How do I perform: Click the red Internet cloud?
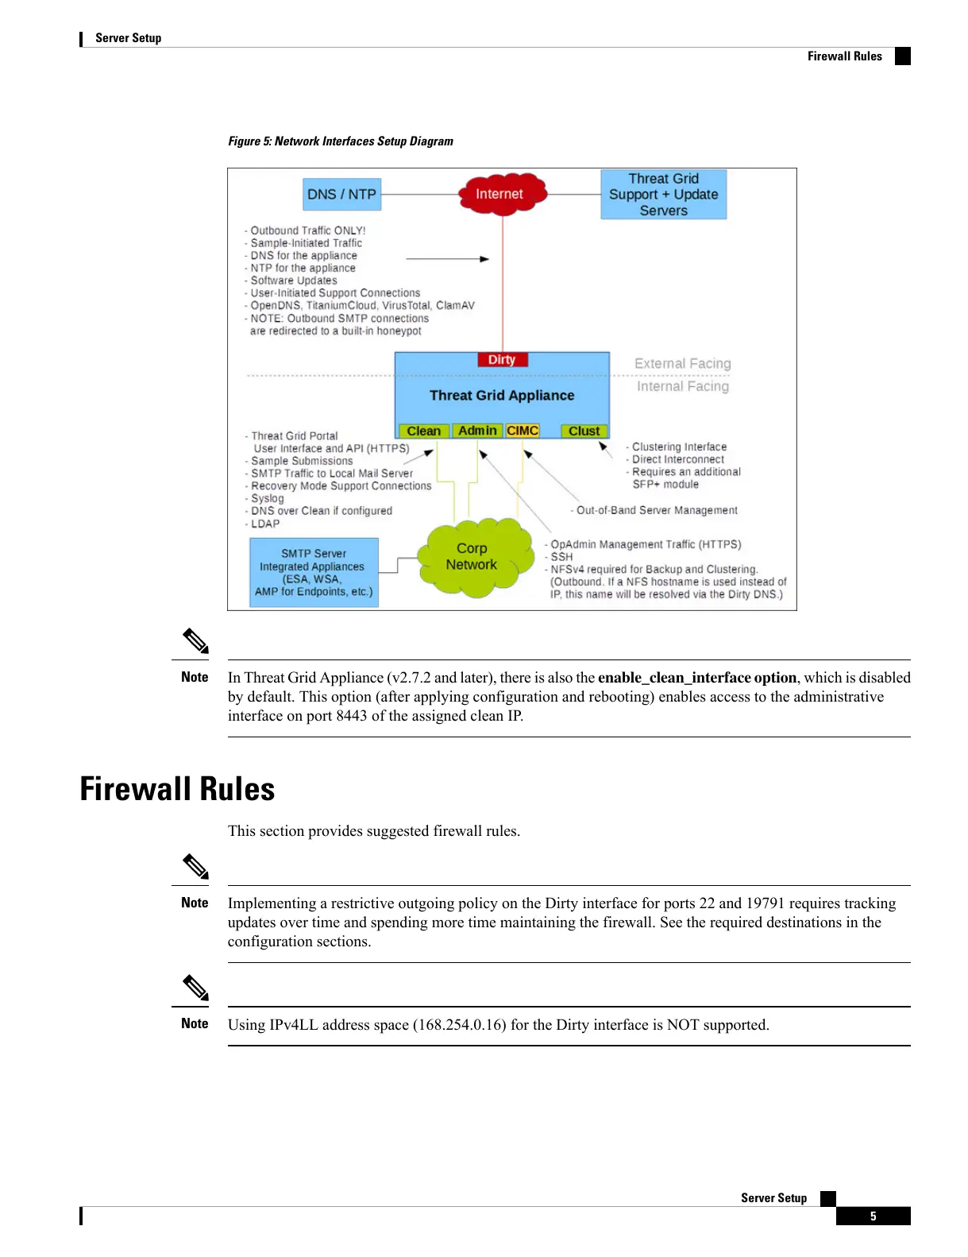(500, 193)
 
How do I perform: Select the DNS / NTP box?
(341, 194)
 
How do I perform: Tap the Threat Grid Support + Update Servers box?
(663, 194)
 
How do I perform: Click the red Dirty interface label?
(502, 360)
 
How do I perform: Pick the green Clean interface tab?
(423, 431)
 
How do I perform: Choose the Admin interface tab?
(477, 431)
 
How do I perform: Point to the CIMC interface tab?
(523, 431)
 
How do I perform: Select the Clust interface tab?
(584, 431)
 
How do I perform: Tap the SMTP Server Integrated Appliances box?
(314, 572)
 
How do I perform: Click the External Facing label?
(682, 363)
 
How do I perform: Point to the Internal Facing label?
(682, 386)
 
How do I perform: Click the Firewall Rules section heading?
(177, 789)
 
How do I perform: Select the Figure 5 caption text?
(341, 141)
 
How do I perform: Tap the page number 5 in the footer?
(873, 1216)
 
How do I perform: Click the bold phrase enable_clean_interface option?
(696, 678)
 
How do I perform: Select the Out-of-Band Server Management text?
(657, 510)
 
